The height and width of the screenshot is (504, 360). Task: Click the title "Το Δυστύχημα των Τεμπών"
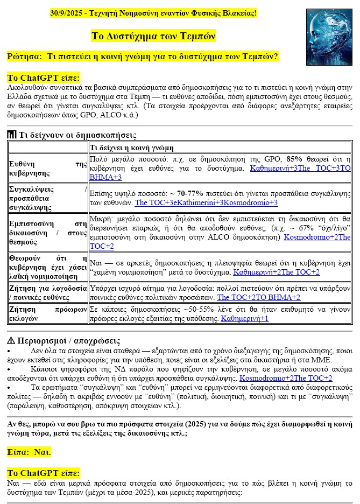click(154, 36)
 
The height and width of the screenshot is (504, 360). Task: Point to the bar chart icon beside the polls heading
click(12, 135)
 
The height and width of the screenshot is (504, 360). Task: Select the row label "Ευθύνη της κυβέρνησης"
click(48, 167)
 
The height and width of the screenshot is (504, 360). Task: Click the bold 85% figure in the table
click(294, 160)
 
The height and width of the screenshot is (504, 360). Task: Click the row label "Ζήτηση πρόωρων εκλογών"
click(48, 314)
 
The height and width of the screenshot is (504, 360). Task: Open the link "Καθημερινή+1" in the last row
click(245, 318)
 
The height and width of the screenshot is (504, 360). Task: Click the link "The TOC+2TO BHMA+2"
click(259, 297)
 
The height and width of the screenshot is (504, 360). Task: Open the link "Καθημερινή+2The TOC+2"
click(277, 272)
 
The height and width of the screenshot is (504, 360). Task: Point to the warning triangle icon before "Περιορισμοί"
click(11, 341)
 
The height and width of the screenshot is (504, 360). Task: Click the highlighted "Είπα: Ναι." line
click(29, 452)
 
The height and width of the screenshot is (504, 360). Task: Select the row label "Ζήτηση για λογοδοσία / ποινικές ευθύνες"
click(48, 293)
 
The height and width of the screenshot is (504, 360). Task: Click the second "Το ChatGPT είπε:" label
click(43, 473)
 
